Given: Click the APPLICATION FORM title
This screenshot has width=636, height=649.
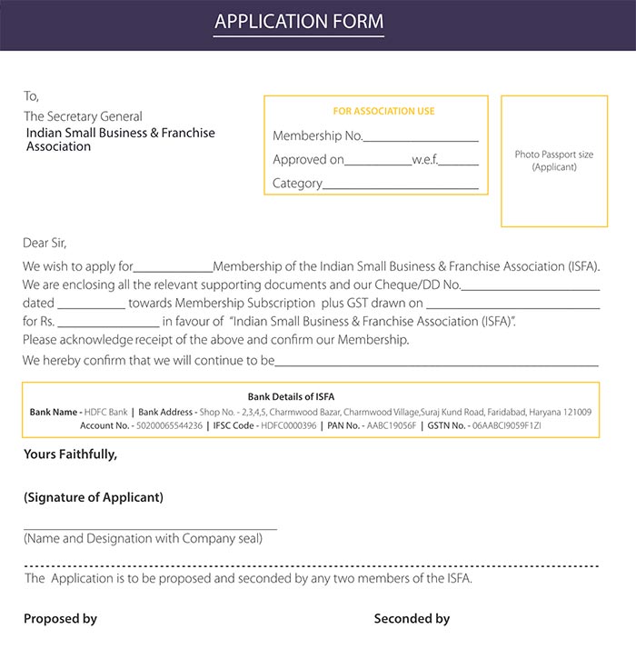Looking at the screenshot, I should point(299,22).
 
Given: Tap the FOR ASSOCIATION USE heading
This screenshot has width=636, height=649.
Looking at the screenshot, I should point(383,111).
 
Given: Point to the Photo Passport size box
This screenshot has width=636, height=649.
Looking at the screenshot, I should point(553,162).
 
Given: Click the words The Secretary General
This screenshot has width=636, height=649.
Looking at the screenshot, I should point(83,116).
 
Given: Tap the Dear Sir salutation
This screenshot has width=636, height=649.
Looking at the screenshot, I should point(45,243).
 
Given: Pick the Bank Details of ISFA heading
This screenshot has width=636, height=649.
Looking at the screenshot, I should point(291,396).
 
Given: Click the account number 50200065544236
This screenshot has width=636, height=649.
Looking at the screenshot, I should point(169,425).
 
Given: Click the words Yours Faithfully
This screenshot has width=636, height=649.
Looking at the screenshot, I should point(70,454).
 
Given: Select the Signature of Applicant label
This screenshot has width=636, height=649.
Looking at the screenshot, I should point(94,497).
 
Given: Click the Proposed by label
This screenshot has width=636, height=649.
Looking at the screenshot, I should point(60,619).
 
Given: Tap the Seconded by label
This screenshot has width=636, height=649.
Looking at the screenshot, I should point(412,619).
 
